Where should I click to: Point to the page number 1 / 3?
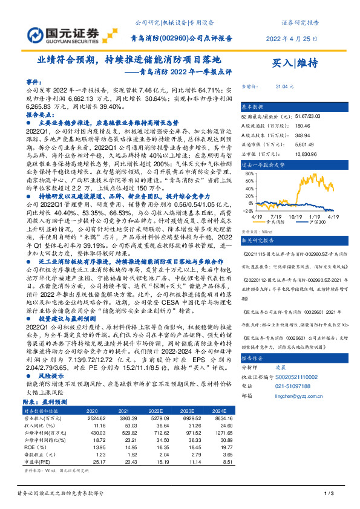click(330, 494)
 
